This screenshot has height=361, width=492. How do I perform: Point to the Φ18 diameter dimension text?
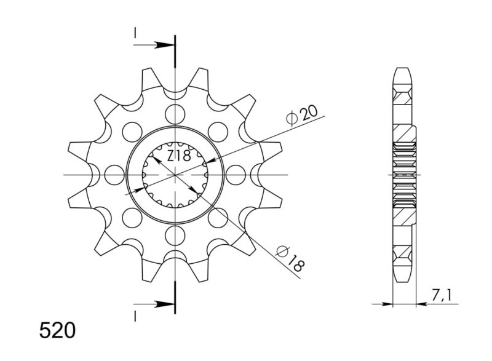coord(291,259)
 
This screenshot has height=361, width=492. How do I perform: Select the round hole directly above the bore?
coord(175,114)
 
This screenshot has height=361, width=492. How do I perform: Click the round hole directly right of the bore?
coord(236,175)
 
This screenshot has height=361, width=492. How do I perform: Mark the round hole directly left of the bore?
coord(114,175)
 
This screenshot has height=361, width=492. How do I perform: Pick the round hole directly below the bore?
coord(175,235)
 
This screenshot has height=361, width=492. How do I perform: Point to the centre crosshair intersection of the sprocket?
coord(175,175)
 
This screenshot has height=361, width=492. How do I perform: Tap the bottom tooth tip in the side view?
coord(402,279)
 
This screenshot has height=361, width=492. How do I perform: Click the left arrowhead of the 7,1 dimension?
coord(389,303)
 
